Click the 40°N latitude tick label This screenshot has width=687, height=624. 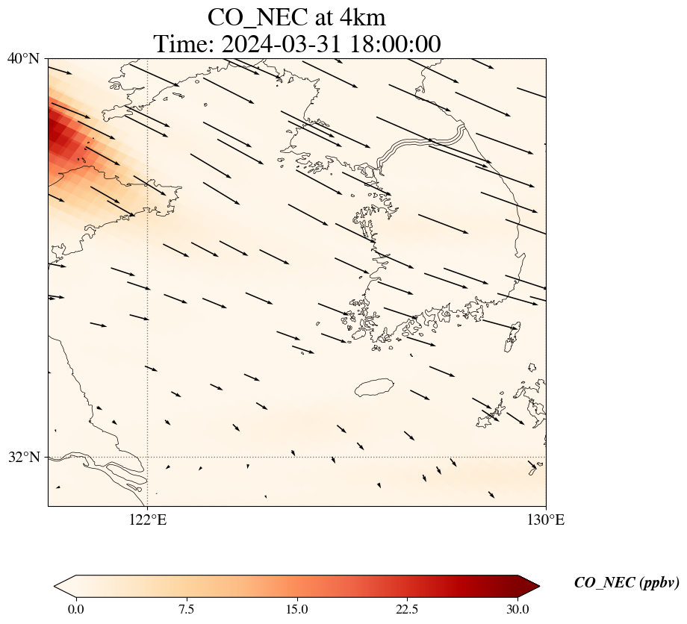pyautogui.click(x=23, y=58)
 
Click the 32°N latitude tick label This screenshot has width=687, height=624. pyautogui.click(x=23, y=457)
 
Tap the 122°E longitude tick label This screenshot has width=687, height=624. pyautogui.click(x=148, y=520)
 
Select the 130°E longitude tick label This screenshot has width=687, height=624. pyautogui.click(x=546, y=520)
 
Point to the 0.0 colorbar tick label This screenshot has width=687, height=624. pyautogui.click(x=76, y=609)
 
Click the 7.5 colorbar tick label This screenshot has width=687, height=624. pyautogui.click(x=187, y=609)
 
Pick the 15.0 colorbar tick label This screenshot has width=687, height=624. pyautogui.click(x=297, y=609)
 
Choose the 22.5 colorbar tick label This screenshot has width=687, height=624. pyautogui.click(x=408, y=609)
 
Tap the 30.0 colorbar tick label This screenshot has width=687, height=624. pyautogui.click(x=518, y=609)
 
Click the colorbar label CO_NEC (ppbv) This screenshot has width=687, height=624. pyautogui.click(x=626, y=583)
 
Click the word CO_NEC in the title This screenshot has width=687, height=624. pyautogui.click(x=258, y=19)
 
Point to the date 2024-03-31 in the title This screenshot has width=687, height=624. pyautogui.click(x=282, y=44)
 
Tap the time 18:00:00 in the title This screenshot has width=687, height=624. pyautogui.click(x=395, y=44)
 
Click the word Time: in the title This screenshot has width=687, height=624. pyautogui.click(x=184, y=44)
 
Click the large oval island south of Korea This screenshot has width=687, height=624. pyautogui.click(x=375, y=387)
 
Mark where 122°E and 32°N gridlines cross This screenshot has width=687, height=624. pyautogui.click(x=148, y=457)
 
